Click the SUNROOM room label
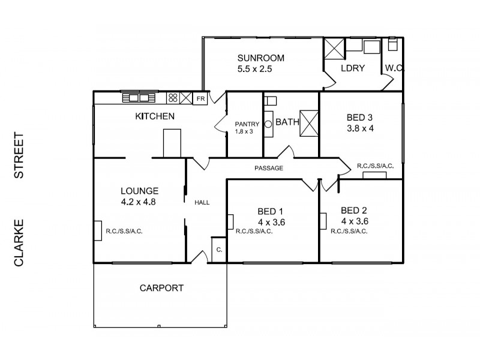(x=260, y=58)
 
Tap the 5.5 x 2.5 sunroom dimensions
(x=256, y=69)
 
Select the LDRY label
(x=352, y=68)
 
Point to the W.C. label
(x=394, y=68)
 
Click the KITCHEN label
(x=155, y=116)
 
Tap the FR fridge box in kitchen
(x=200, y=98)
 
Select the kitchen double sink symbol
(x=139, y=98)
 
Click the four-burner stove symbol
(x=173, y=98)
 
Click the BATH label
(x=287, y=122)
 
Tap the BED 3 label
(x=360, y=117)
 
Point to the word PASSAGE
(x=268, y=169)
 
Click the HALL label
(x=202, y=203)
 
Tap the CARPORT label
(x=161, y=288)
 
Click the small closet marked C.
(x=218, y=248)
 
